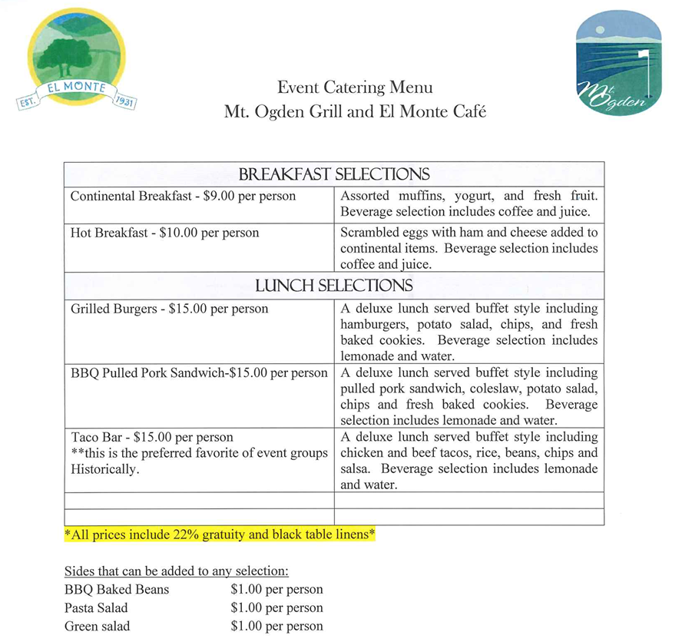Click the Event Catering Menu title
pos(355,88)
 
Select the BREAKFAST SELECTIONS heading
pos(333,174)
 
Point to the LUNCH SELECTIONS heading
pos(333,286)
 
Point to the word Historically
pos(105,469)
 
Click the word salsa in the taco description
pos(357,469)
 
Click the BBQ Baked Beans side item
pos(117,590)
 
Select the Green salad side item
pos(97,627)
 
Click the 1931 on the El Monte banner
pos(124,101)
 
